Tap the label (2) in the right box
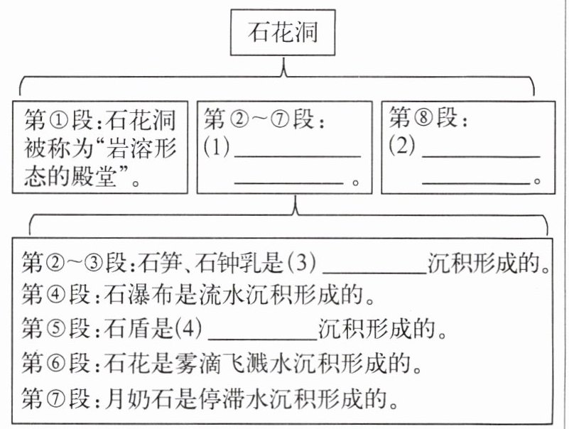pyautogui.click(x=402, y=146)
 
